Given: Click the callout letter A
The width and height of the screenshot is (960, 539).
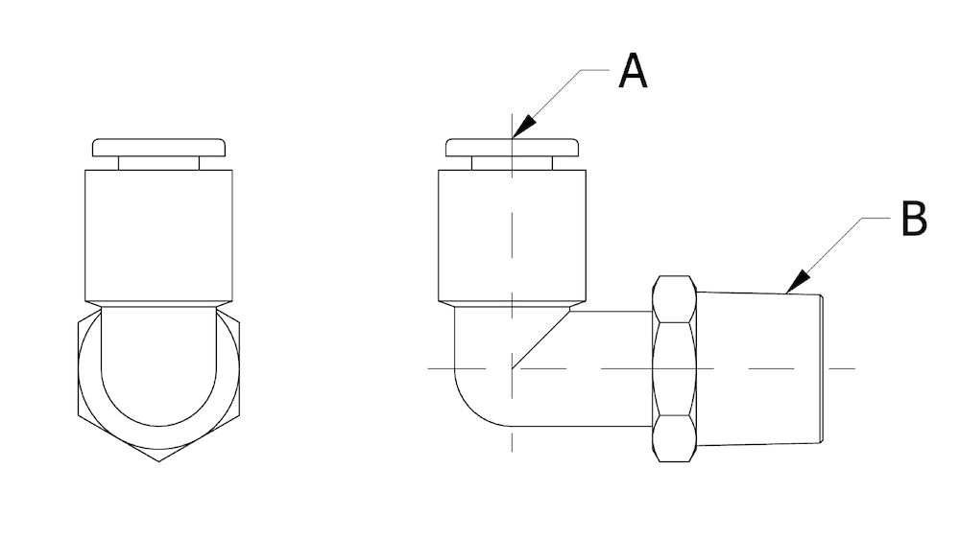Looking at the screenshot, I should (633, 71).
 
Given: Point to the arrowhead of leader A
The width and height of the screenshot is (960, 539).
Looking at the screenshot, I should (518, 132).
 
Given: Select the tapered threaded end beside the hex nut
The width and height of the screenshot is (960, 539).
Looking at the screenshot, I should (758, 369).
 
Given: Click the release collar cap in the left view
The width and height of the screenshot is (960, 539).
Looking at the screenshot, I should (159, 149).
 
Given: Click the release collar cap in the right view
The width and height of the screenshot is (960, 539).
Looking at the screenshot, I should (514, 149).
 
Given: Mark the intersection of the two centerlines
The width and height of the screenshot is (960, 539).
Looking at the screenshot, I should (514, 368).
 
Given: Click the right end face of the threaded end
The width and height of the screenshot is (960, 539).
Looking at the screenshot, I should (821, 369).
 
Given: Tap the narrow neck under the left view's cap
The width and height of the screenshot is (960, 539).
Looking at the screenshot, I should (159, 164).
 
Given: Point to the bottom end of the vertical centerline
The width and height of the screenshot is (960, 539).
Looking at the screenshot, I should (514, 451).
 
